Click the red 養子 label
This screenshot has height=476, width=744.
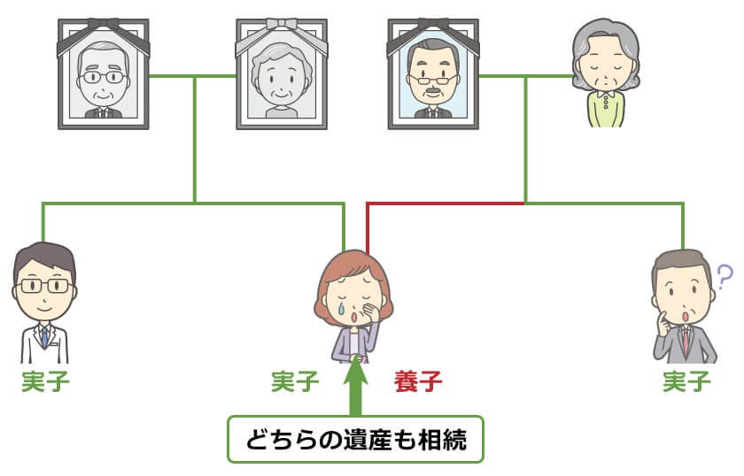pos(417,382)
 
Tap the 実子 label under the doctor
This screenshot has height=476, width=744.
pos(46,382)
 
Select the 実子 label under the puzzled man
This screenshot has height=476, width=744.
pos(686,382)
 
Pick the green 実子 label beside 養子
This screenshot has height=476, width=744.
pos(295,382)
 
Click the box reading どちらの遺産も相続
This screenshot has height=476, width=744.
pos(356,439)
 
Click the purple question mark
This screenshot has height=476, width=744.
pos(724,278)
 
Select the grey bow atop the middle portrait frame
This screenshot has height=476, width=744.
pos(281,24)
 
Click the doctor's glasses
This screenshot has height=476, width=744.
pos(44,286)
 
